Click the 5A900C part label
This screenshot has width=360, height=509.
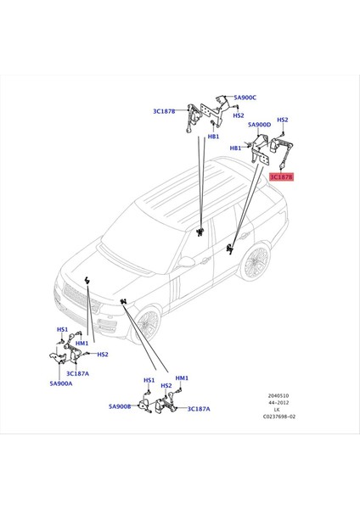click(245, 98)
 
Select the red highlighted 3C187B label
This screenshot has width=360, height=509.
click(282, 177)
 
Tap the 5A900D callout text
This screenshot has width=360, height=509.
click(259, 125)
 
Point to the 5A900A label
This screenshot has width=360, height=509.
click(61, 383)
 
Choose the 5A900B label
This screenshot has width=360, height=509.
click(120, 406)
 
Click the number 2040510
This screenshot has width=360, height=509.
click(278, 395)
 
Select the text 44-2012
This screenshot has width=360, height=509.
click(278, 402)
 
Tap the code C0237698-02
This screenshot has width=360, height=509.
click(279, 417)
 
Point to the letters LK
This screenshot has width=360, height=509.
click(277, 410)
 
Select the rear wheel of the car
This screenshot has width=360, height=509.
click(256, 261)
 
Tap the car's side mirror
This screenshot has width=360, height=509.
click(186, 261)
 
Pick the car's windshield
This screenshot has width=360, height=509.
click(141, 239)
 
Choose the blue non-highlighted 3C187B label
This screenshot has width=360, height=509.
click(164, 111)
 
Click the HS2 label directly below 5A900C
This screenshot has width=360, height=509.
click(239, 115)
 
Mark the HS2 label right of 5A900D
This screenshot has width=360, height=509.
click(283, 120)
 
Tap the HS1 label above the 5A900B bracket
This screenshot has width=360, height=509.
click(149, 380)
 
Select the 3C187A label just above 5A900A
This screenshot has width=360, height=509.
click(77, 373)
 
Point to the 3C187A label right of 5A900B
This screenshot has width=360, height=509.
click(199, 409)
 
